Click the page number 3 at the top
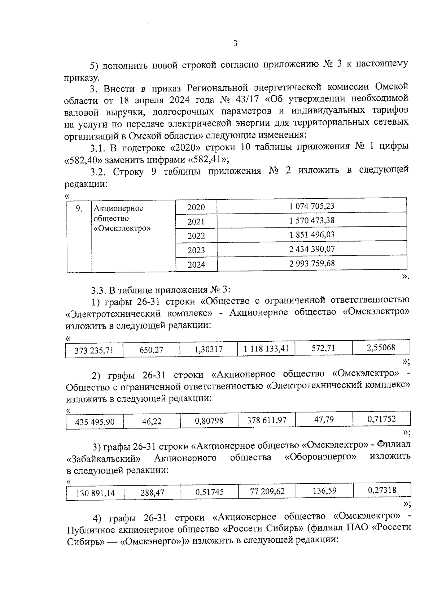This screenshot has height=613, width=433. (235, 44)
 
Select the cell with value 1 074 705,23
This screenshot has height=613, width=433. (312, 206)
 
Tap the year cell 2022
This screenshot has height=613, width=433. (196, 236)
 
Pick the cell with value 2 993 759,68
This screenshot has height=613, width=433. (312, 264)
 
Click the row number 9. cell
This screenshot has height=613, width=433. (79, 208)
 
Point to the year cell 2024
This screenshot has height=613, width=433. (196, 265)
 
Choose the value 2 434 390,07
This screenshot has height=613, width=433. (312, 249)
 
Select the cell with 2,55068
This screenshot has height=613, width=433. (381, 348)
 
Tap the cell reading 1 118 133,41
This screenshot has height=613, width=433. (266, 349)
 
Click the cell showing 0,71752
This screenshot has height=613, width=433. (381, 419)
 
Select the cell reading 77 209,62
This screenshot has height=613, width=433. (267, 491)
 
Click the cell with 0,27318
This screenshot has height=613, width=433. (382, 490)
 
